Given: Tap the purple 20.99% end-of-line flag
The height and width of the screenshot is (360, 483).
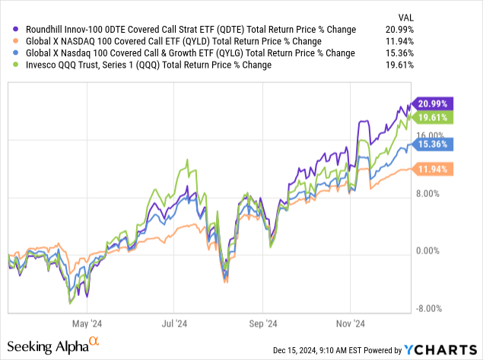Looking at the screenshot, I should tap(433, 104).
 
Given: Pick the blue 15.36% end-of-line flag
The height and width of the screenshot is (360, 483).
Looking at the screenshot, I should tap(433, 142).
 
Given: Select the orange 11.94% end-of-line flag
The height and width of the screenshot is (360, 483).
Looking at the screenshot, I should tap(433, 168).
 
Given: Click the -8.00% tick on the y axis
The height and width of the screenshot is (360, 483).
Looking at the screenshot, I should tap(430, 308).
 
